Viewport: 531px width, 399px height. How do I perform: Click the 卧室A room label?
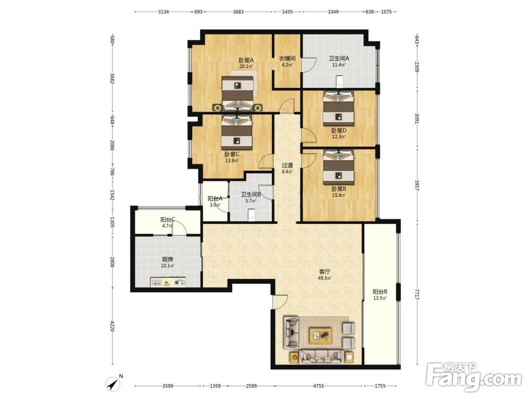[x=246, y=60]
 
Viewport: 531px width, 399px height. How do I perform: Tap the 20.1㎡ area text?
[x=246, y=66]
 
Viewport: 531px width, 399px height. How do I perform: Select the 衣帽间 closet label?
[x=287, y=59]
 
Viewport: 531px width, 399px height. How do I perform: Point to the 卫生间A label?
[x=339, y=58]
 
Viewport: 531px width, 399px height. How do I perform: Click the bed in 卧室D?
[x=338, y=107]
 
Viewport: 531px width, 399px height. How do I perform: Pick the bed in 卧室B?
[x=338, y=167]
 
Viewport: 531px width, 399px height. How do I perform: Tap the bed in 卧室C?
[x=237, y=132]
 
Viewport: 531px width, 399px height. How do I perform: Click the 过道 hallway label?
[x=287, y=165]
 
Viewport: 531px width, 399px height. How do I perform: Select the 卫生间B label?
[x=251, y=195]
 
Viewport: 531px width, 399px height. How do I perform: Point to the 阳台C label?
[x=168, y=220]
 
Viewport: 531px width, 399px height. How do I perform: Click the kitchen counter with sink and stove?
[x=168, y=282]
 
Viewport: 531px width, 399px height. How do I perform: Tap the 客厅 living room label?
[x=324, y=272]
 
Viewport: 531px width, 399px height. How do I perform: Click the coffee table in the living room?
[x=320, y=336]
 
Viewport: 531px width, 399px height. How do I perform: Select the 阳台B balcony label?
[x=380, y=292]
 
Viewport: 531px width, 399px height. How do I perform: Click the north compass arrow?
[x=114, y=384]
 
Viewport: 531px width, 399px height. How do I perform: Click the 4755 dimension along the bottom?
[x=318, y=386]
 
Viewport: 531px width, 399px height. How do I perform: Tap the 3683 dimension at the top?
[x=238, y=12]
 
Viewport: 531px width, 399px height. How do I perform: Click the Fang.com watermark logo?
[x=474, y=377]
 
